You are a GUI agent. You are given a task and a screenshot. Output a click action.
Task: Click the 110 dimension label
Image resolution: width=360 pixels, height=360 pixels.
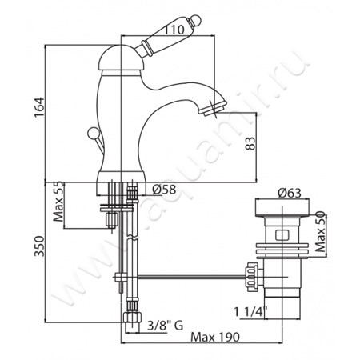click(x=174, y=29)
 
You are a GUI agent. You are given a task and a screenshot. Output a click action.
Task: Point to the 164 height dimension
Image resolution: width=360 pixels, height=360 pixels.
click(x=39, y=107)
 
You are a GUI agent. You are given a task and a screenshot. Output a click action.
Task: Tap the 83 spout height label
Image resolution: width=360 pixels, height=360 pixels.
click(x=250, y=143)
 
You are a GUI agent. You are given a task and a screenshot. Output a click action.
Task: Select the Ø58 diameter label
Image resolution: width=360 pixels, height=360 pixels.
click(x=164, y=190)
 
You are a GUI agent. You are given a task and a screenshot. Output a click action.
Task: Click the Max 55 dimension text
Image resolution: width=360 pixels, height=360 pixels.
click(x=58, y=202)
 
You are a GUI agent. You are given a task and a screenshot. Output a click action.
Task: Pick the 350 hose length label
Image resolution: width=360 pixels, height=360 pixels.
click(x=39, y=246)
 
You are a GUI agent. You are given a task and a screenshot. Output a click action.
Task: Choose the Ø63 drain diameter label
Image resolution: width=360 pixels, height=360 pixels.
click(x=290, y=193)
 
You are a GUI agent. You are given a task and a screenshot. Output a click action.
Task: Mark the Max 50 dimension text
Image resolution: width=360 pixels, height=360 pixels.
click(x=320, y=231)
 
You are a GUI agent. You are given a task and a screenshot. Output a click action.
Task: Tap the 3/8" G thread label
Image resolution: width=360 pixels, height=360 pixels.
click(x=166, y=326)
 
